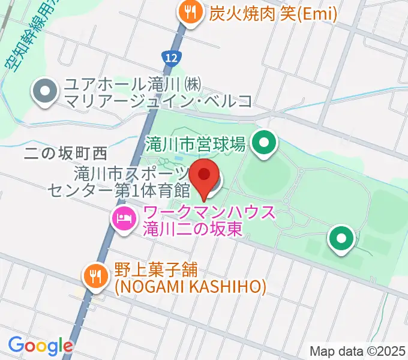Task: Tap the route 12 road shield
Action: pos(170,57)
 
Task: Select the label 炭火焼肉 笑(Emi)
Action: pos(272,13)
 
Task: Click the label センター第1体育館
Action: pos(119,190)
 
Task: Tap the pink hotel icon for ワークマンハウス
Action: pos(123,217)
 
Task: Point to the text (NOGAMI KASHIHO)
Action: pos(190,287)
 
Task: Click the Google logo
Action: pos(40,346)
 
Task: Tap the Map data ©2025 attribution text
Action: pos(358,351)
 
